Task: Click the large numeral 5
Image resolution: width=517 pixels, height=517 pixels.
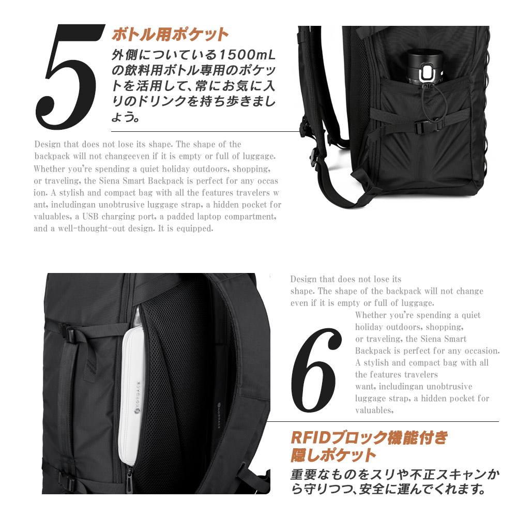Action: pyautogui.click(x=68, y=78)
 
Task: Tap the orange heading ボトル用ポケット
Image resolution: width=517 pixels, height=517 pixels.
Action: pyautogui.click(x=170, y=35)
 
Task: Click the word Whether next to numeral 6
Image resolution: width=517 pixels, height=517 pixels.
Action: pyautogui.click(x=371, y=315)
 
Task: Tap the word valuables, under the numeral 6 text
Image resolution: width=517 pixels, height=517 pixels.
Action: pyautogui.click(x=374, y=410)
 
